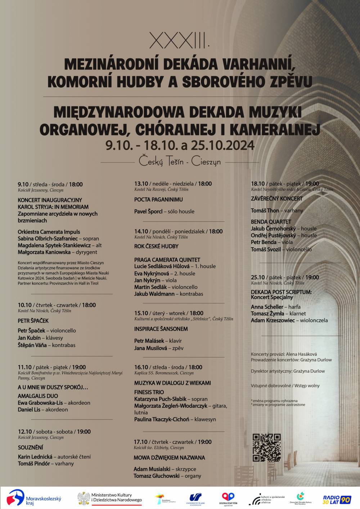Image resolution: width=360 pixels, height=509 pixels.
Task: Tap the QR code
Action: [x=267, y=447]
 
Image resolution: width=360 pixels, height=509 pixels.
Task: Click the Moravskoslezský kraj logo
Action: [x=35, y=498]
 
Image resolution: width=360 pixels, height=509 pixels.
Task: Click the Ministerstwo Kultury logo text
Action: [x=116, y=497]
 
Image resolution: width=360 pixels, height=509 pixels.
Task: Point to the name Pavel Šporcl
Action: [x=148, y=211]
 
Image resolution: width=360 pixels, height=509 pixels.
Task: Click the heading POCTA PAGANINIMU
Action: [x=158, y=199]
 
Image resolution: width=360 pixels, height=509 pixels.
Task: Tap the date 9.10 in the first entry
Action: [x=23, y=184]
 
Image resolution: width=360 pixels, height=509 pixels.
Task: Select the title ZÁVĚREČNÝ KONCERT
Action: [x=277, y=198]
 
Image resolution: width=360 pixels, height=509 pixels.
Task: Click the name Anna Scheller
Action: [x=267, y=307]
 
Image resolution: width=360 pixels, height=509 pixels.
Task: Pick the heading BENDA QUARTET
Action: [x=271, y=222]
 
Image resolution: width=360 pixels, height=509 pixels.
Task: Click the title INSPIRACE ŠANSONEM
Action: [x=161, y=329]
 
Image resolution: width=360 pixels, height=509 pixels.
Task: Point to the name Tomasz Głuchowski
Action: [x=157, y=476]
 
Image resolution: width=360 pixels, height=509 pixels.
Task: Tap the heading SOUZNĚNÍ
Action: [x=30, y=447]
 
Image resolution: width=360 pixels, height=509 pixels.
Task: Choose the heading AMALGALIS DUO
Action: [x=37, y=396]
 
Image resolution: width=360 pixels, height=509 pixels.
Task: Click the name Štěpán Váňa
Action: [x=32, y=345]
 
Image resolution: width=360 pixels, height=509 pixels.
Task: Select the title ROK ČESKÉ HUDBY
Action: [x=156, y=246]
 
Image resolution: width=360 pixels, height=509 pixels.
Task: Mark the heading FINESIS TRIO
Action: [x=149, y=392]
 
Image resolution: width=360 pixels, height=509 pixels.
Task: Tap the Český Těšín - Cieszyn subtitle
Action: [x=180, y=162]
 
